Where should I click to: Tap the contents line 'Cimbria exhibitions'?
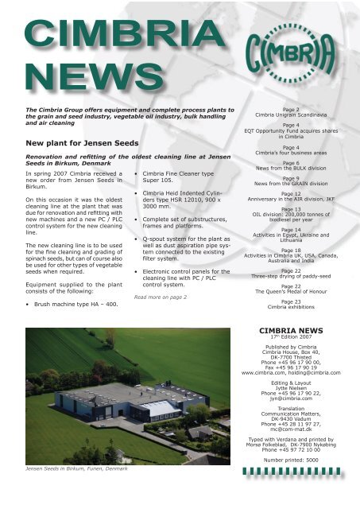point(290,306)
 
